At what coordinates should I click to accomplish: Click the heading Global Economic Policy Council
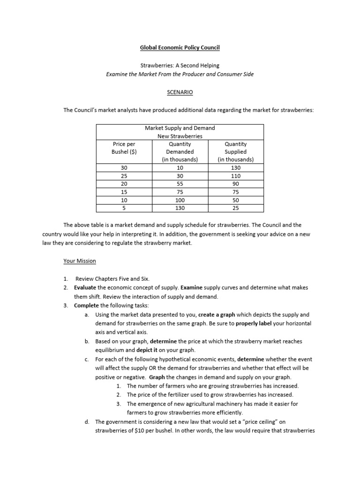pyautogui.click(x=180, y=48)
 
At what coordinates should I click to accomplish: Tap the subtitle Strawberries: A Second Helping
pyautogui.click(x=180, y=65)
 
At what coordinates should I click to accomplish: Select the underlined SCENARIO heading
pyautogui.click(x=180, y=93)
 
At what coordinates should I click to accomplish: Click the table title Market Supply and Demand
pyautogui.click(x=180, y=128)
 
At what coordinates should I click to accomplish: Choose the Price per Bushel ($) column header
pyautogui.click(x=124, y=148)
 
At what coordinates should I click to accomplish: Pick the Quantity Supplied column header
pyautogui.click(x=236, y=151)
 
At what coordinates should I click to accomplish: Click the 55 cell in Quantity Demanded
pyautogui.click(x=180, y=184)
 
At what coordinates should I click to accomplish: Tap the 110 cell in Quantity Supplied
pyautogui.click(x=236, y=176)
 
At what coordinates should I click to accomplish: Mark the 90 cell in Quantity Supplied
pyautogui.click(x=236, y=184)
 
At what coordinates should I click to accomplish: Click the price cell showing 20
pyautogui.click(x=124, y=184)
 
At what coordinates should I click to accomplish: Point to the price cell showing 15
pyautogui.click(x=124, y=192)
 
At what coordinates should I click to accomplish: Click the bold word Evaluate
pyautogui.click(x=86, y=287)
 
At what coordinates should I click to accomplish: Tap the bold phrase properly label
pyautogui.click(x=254, y=323)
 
